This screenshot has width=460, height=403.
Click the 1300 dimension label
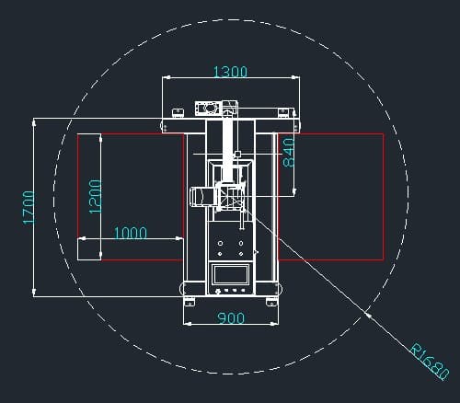tap(230, 72)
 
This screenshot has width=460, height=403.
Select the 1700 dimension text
tap(29, 208)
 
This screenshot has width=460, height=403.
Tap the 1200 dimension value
tap(95, 196)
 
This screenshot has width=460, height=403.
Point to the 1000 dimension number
tap(131, 233)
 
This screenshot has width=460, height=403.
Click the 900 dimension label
tap(231, 318)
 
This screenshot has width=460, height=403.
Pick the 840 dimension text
tap(289, 153)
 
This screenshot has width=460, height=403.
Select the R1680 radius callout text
tap(430, 362)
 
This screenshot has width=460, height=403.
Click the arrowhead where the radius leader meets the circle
tap(367, 315)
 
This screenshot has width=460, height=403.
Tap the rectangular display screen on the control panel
tap(231, 274)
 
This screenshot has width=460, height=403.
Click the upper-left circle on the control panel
tap(220, 243)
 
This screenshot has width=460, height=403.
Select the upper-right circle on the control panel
tap(241, 243)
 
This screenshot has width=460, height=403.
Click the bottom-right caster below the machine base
tap(271, 304)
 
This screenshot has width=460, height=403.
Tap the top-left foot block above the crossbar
tap(178, 112)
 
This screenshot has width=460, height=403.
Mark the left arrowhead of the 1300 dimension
tap(167, 77)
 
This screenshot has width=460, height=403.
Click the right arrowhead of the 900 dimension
tap(274, 323)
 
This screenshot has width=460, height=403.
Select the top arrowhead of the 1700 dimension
tap(34, 122)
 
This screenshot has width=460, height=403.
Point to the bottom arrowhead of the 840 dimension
tap(294, 191)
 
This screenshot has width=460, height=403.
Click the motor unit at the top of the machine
tap(208, 109)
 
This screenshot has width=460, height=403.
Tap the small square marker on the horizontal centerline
tap(237, 154)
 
